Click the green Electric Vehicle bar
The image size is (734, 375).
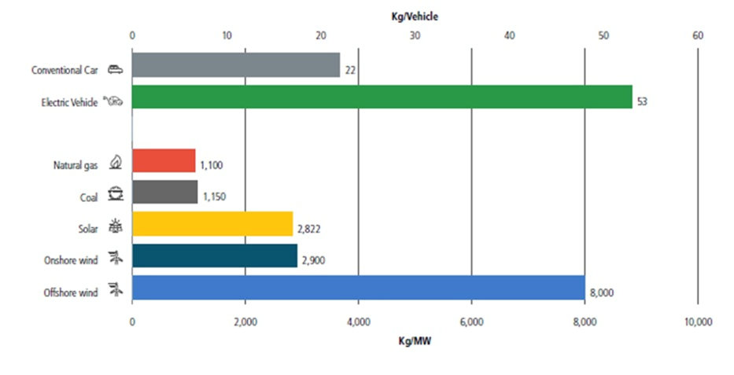[x=382, y=97]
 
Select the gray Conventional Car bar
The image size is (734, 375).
[x=236, y=65]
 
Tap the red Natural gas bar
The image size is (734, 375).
[x=164, y=160]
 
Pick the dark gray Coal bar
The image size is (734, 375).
[x=165, y=193]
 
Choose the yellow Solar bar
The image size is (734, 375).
[x=212, y=224]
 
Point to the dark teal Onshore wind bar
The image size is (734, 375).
[x=215, y=256]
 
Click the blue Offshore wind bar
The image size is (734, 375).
[x=358, y=288]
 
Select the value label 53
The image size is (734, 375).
[x=642, y=102]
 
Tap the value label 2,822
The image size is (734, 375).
[x=308, y=230]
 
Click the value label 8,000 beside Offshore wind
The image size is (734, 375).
[x=601, y=293]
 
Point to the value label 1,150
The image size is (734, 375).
[x=213, y=197]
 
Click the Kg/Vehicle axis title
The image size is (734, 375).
[x=415, y=15]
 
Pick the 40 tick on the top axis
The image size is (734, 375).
[x=509, y=35]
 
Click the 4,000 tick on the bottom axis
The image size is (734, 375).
[x=358, y=322]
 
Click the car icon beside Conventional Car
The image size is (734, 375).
[x=115, y=69]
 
